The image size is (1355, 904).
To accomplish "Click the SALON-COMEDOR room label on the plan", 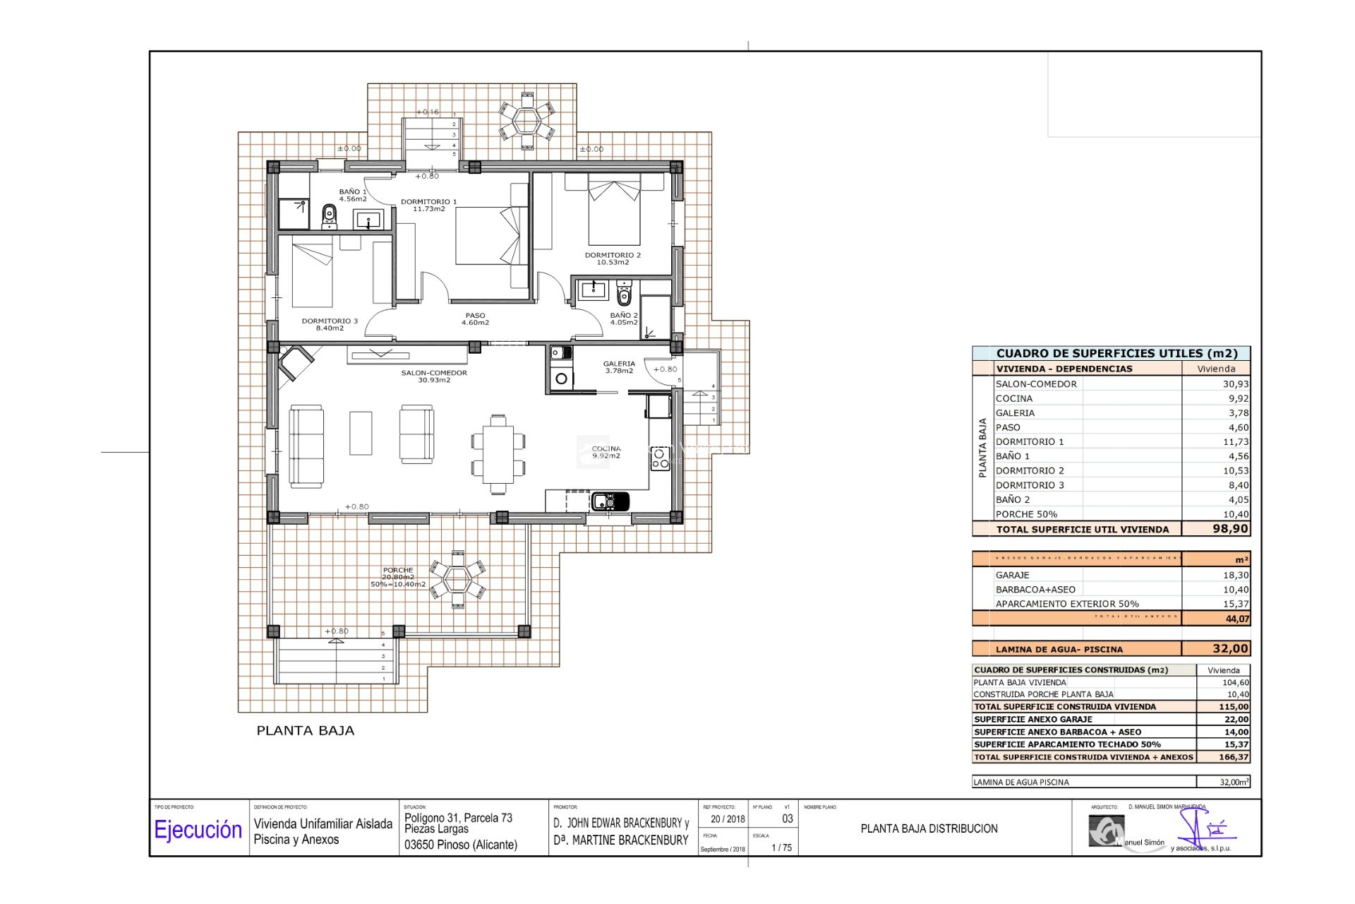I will pos(434,376).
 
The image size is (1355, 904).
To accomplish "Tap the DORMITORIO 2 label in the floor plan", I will pos(613,258).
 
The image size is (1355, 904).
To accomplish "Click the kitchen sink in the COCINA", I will pos(610,501).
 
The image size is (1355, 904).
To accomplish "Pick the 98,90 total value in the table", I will pos(1229,529).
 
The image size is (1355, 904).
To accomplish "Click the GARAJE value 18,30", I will pos(1235,575).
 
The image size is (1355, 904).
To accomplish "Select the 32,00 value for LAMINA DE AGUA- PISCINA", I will pos(1229,648).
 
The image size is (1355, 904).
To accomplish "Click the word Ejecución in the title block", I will pos(198,830).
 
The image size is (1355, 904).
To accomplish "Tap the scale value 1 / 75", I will pos(781,847).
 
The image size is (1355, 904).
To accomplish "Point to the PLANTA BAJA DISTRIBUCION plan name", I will pos(929,828).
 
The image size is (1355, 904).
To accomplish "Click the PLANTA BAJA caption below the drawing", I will pos(305,731).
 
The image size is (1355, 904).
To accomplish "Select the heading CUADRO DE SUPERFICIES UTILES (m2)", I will pos(1116,353).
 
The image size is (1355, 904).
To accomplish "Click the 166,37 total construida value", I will pos(1233,757).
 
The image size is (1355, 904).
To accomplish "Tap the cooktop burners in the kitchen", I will pos(660,458).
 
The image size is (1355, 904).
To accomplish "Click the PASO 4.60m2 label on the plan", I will pos(475,319).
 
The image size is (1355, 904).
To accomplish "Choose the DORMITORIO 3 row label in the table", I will pos(1029,485).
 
